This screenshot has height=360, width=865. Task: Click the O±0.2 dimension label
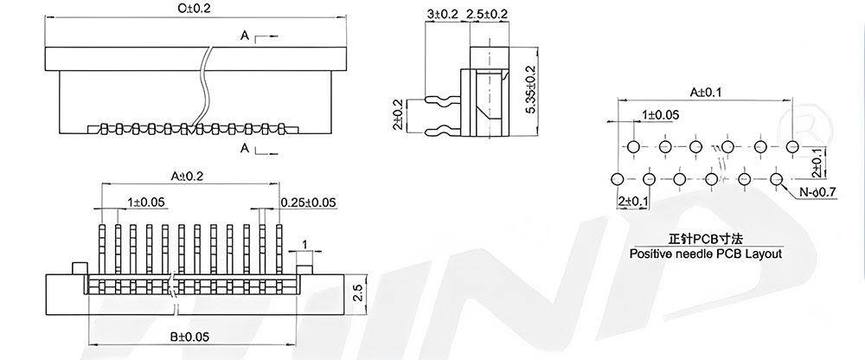pos(195,9)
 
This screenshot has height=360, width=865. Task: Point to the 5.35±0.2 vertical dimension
pos(531,91)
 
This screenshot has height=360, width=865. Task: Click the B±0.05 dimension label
pos(189,337)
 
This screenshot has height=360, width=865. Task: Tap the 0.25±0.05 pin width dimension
pos(309,202)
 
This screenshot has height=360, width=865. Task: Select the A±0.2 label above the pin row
pos(187,176)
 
